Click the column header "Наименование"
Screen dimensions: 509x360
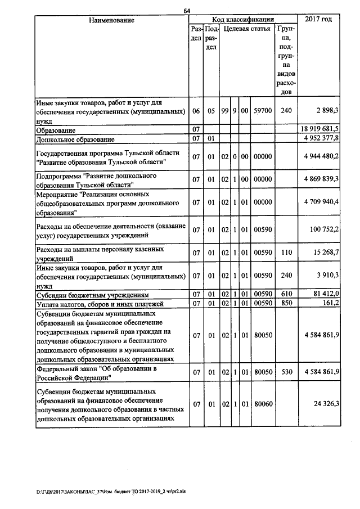[111, 20]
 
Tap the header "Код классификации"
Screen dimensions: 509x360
[244, 20]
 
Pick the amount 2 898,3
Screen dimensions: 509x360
[327, 111]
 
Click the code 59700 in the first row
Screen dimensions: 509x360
[263, 111]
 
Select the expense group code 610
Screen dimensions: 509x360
[286, 294]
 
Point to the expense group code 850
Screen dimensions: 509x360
[286, 304]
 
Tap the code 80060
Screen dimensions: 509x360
[263, 403]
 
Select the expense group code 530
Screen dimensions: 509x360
[286, 372]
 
